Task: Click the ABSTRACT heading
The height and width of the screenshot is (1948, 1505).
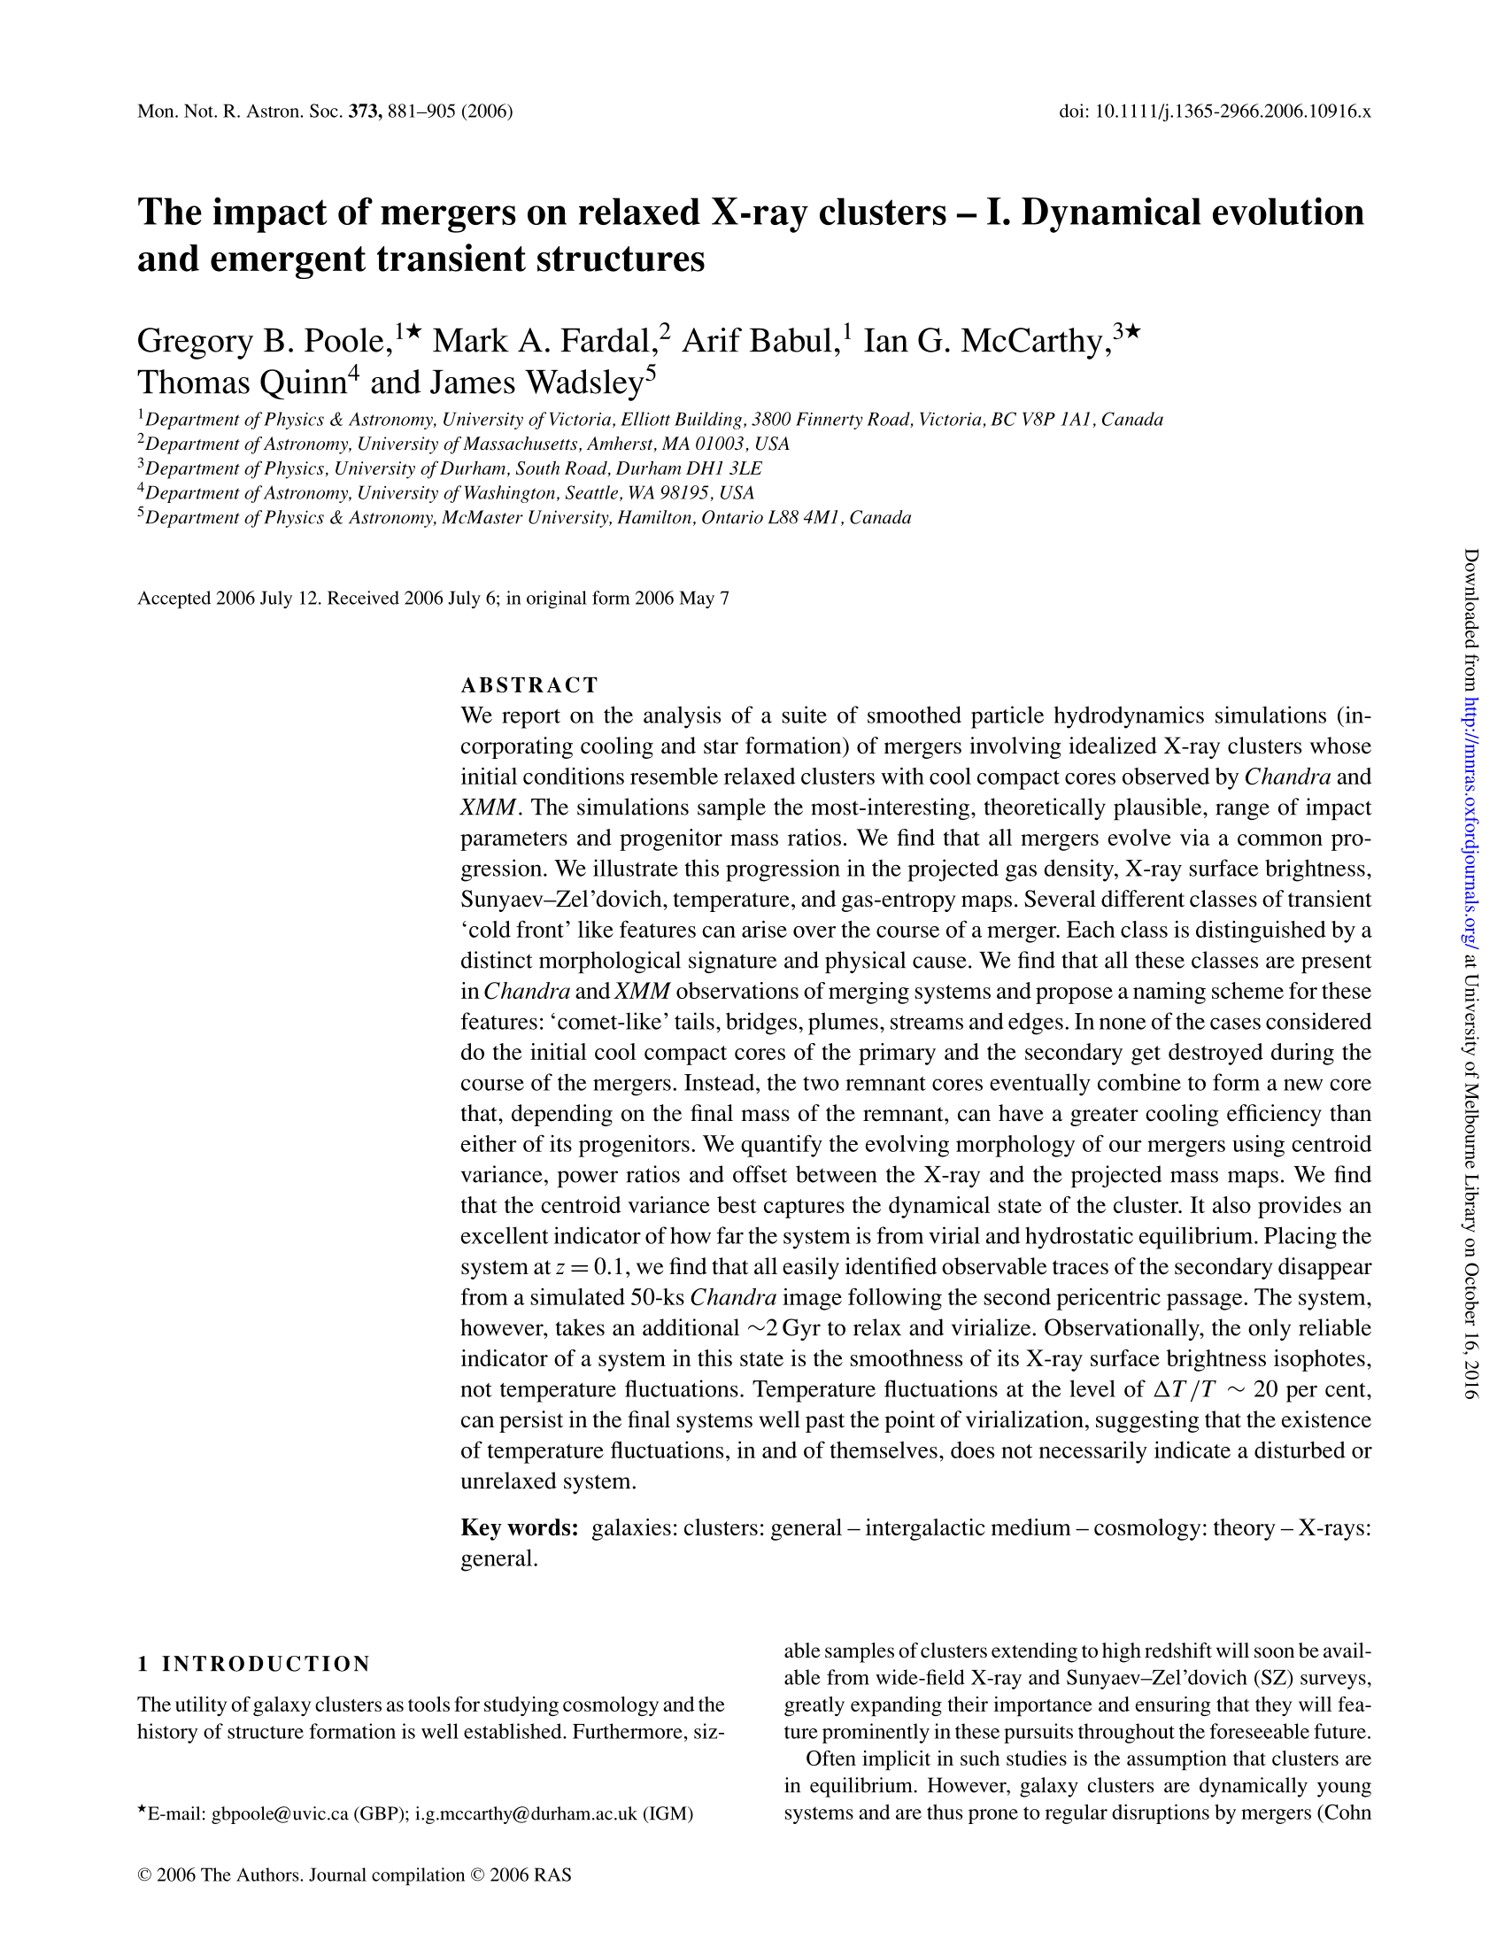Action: [529, 685]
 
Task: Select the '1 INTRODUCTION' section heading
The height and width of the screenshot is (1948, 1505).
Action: [253, 1664]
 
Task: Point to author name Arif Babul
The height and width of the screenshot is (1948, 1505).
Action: [757, 341]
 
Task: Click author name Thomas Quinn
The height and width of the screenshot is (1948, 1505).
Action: [241, 383]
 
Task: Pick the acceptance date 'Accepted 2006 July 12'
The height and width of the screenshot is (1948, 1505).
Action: [228, 599]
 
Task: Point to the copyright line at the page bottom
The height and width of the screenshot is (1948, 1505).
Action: [355, 1875]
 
